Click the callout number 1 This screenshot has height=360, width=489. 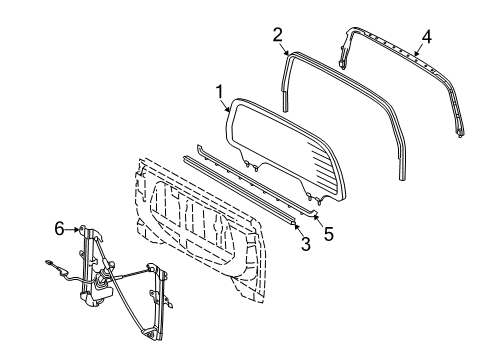coord(219,91)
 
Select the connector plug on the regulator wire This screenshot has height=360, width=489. coord(49,265)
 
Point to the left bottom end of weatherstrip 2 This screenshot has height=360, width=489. coord(286,106)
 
